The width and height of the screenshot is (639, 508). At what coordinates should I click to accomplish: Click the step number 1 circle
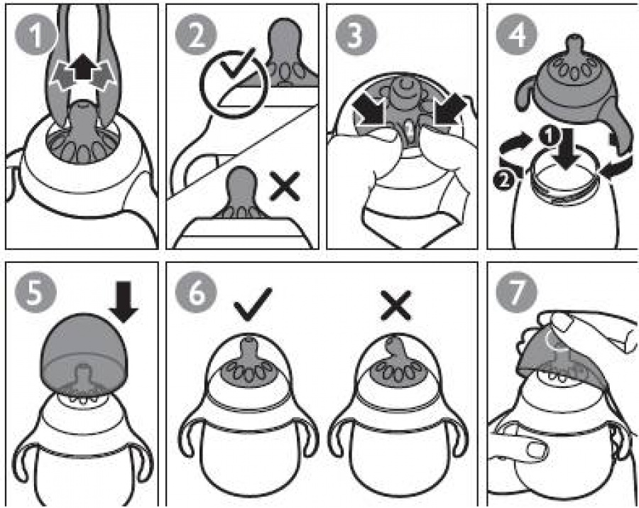35,35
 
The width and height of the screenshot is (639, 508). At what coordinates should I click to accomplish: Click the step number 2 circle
196,35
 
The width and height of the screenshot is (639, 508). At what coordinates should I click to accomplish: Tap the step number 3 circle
356,35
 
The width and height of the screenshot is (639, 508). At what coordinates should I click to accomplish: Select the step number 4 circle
517,35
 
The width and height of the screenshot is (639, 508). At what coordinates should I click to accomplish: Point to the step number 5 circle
35,292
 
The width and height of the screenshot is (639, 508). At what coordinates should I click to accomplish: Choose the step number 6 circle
196,292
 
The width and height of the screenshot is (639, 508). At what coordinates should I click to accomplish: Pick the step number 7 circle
517,292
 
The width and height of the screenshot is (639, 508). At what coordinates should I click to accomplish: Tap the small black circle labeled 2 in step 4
503,180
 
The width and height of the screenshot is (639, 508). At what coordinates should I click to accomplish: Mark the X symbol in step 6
395,306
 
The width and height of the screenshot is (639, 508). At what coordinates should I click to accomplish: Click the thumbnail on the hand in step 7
537,449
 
